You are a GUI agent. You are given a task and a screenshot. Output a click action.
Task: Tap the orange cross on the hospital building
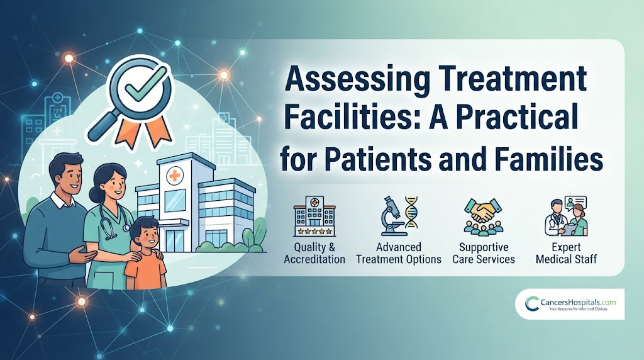coord(174,177)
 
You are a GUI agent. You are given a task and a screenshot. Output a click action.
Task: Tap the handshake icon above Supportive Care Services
coord(483,217)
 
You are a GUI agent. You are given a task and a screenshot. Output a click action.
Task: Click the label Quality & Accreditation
coord(314,253)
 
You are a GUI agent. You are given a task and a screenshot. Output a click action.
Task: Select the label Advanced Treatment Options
coord(399,253)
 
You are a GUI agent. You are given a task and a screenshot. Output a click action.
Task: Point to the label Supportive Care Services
coord(484,253)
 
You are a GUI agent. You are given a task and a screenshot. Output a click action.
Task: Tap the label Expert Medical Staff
coord(567,253)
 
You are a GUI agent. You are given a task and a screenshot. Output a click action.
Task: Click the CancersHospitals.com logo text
coord(579,303)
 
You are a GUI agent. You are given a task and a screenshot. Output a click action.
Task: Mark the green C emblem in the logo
coord(532,304)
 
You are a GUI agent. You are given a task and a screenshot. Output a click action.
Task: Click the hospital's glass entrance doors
coord(175,240)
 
